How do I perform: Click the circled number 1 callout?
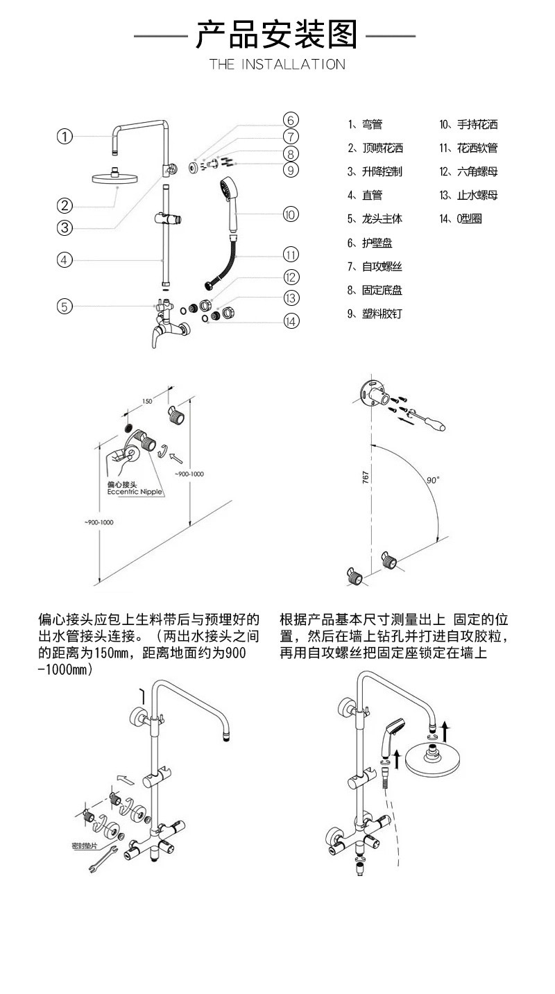point(65,137)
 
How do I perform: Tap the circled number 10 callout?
point(291,214)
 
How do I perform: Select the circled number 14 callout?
point(291,321)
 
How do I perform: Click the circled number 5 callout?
point(65,306)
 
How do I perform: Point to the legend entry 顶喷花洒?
point(375,148)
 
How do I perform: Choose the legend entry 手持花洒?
point(469,125)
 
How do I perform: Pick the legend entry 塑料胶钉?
point(375,314)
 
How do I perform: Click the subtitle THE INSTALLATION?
point(277,65)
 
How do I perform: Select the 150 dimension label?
point(147,402)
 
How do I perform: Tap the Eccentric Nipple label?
point(135,491)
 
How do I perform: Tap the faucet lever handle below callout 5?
point(152,338)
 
